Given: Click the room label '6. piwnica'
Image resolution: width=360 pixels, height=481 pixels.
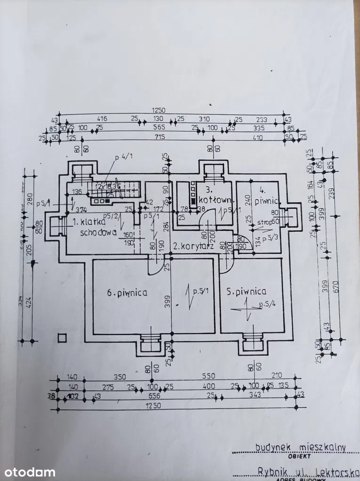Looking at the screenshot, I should pos(127,292).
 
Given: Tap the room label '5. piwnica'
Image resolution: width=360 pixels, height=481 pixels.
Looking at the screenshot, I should pos(246,291).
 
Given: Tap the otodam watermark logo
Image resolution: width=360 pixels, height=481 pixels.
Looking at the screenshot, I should pos(28,472).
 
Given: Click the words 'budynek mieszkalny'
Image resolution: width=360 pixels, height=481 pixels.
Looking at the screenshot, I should pos(301,448).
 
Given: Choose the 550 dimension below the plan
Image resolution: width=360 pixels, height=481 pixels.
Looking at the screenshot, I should pos(208,376).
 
